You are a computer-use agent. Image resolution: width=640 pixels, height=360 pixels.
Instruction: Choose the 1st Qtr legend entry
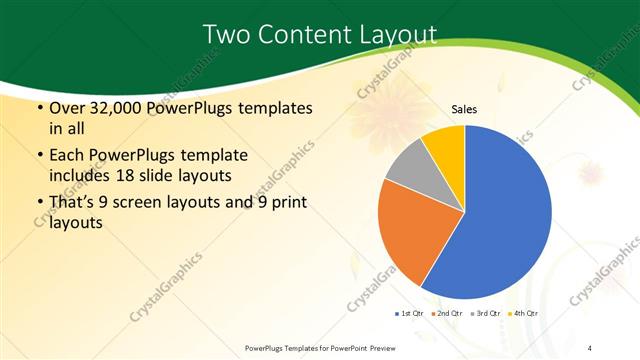(x=410, y=314)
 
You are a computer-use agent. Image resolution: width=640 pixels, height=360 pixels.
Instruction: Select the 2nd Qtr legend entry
(x=446, y=314)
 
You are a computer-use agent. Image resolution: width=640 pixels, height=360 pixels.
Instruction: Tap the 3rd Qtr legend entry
(x=486, y=314)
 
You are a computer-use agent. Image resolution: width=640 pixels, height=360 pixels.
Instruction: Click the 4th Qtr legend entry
(x=525, y=314)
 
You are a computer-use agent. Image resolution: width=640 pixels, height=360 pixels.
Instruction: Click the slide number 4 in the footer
(x=590, y=347)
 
